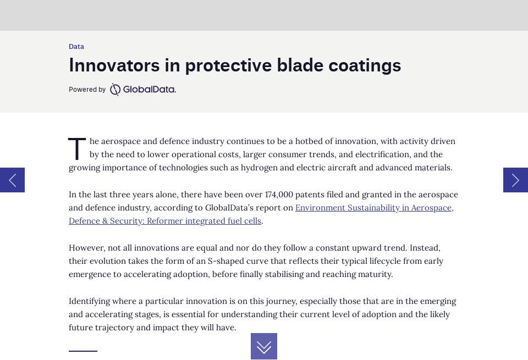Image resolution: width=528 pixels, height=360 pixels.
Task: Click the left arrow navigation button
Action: point(12,180)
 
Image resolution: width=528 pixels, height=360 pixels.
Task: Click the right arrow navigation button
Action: point(515,180)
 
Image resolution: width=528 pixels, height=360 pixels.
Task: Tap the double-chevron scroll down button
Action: point(264,346)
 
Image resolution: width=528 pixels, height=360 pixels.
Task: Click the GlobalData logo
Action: point(143,90)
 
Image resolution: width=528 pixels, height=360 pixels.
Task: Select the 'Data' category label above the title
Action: point(76,47)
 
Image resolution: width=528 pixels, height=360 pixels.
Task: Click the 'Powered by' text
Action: point(87,90)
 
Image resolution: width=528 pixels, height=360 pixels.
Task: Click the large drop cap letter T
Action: point(77,149)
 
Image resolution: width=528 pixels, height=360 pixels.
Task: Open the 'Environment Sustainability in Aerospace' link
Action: point(374,208)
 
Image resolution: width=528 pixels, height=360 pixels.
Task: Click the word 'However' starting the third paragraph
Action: point(85,248)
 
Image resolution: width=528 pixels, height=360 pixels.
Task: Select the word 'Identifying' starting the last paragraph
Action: point(90,301)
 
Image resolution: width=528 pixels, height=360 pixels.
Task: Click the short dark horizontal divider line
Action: point(83,351)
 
